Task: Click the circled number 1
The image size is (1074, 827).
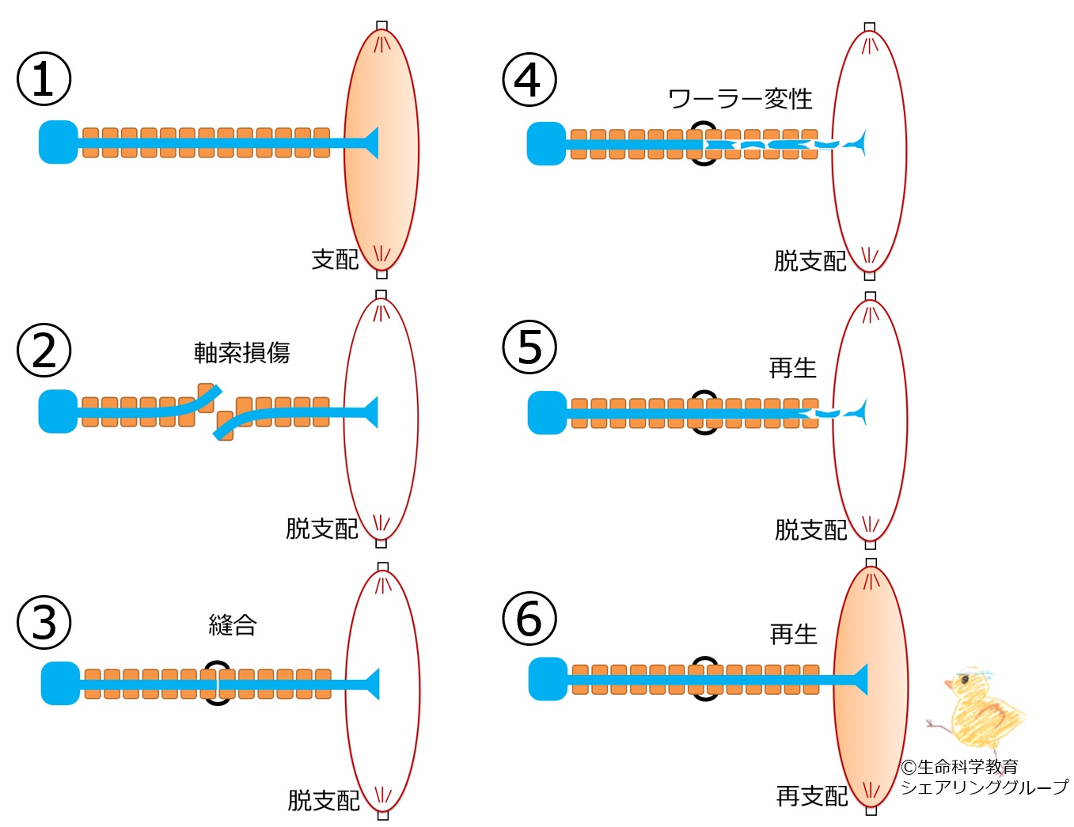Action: tap(44, 79)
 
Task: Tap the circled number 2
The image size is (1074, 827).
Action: tap(44, 351)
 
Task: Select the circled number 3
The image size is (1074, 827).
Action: tap(44, 622)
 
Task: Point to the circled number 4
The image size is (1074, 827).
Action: tap(529, 80)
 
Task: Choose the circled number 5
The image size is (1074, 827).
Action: tap(529, 348)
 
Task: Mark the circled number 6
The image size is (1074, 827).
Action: tap(529, 618)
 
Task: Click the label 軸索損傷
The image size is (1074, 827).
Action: tap(242, 352)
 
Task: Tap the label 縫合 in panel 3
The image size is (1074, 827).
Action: tap(233, 625)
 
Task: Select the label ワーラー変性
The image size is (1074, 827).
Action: tap(741, 99)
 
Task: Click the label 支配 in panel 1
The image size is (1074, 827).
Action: tap(335, 260)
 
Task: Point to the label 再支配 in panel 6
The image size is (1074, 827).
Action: tap(812, 796)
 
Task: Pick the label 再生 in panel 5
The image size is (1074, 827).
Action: tap(792, 368)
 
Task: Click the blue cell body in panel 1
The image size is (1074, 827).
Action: tap(59, 142)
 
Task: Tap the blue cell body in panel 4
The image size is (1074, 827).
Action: tap(546, 144)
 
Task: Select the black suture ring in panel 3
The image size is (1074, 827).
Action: tap(218, 683)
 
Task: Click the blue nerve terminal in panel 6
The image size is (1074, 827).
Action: tap(860, 680)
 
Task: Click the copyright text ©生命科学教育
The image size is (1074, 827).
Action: tap(959, 767)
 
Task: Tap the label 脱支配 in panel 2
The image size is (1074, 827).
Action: tap(321, 529)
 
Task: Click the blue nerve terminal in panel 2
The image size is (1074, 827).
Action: tap(370, 412)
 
